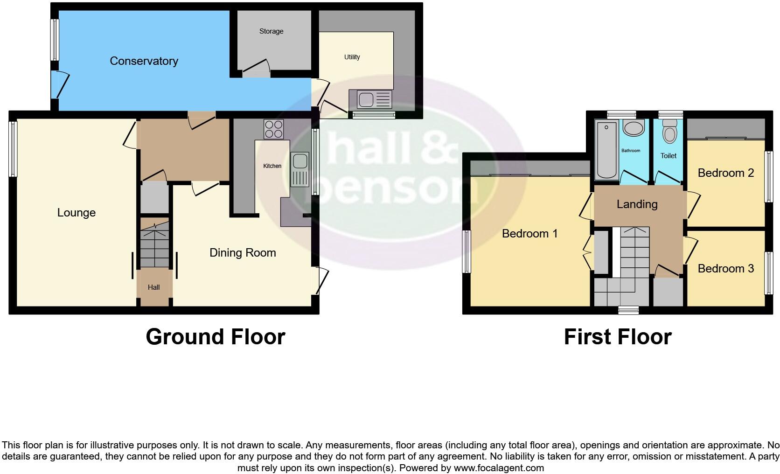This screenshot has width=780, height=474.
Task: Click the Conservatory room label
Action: click(x=144, y=61)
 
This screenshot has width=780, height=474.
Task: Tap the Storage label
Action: click(x=271, y=31)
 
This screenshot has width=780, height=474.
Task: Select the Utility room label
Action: click(x=352, y=57)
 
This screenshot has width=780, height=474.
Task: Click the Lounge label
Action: click(x=77, y=213)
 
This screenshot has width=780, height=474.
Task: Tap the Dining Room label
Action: click(x=243, y=253)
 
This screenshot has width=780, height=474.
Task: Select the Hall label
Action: click(x=153, y=287)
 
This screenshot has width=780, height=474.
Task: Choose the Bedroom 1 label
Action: click(x=529, y=233)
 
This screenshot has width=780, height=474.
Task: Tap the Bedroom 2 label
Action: click(x=725, y=173)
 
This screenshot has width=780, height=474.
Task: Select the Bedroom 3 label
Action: click(x=725, y=268)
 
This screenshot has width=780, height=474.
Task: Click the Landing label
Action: click(x=637, y=204)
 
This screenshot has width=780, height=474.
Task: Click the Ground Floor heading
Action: click(x=215, y=337)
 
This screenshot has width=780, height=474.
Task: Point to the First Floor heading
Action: click(x=617, y=337)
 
